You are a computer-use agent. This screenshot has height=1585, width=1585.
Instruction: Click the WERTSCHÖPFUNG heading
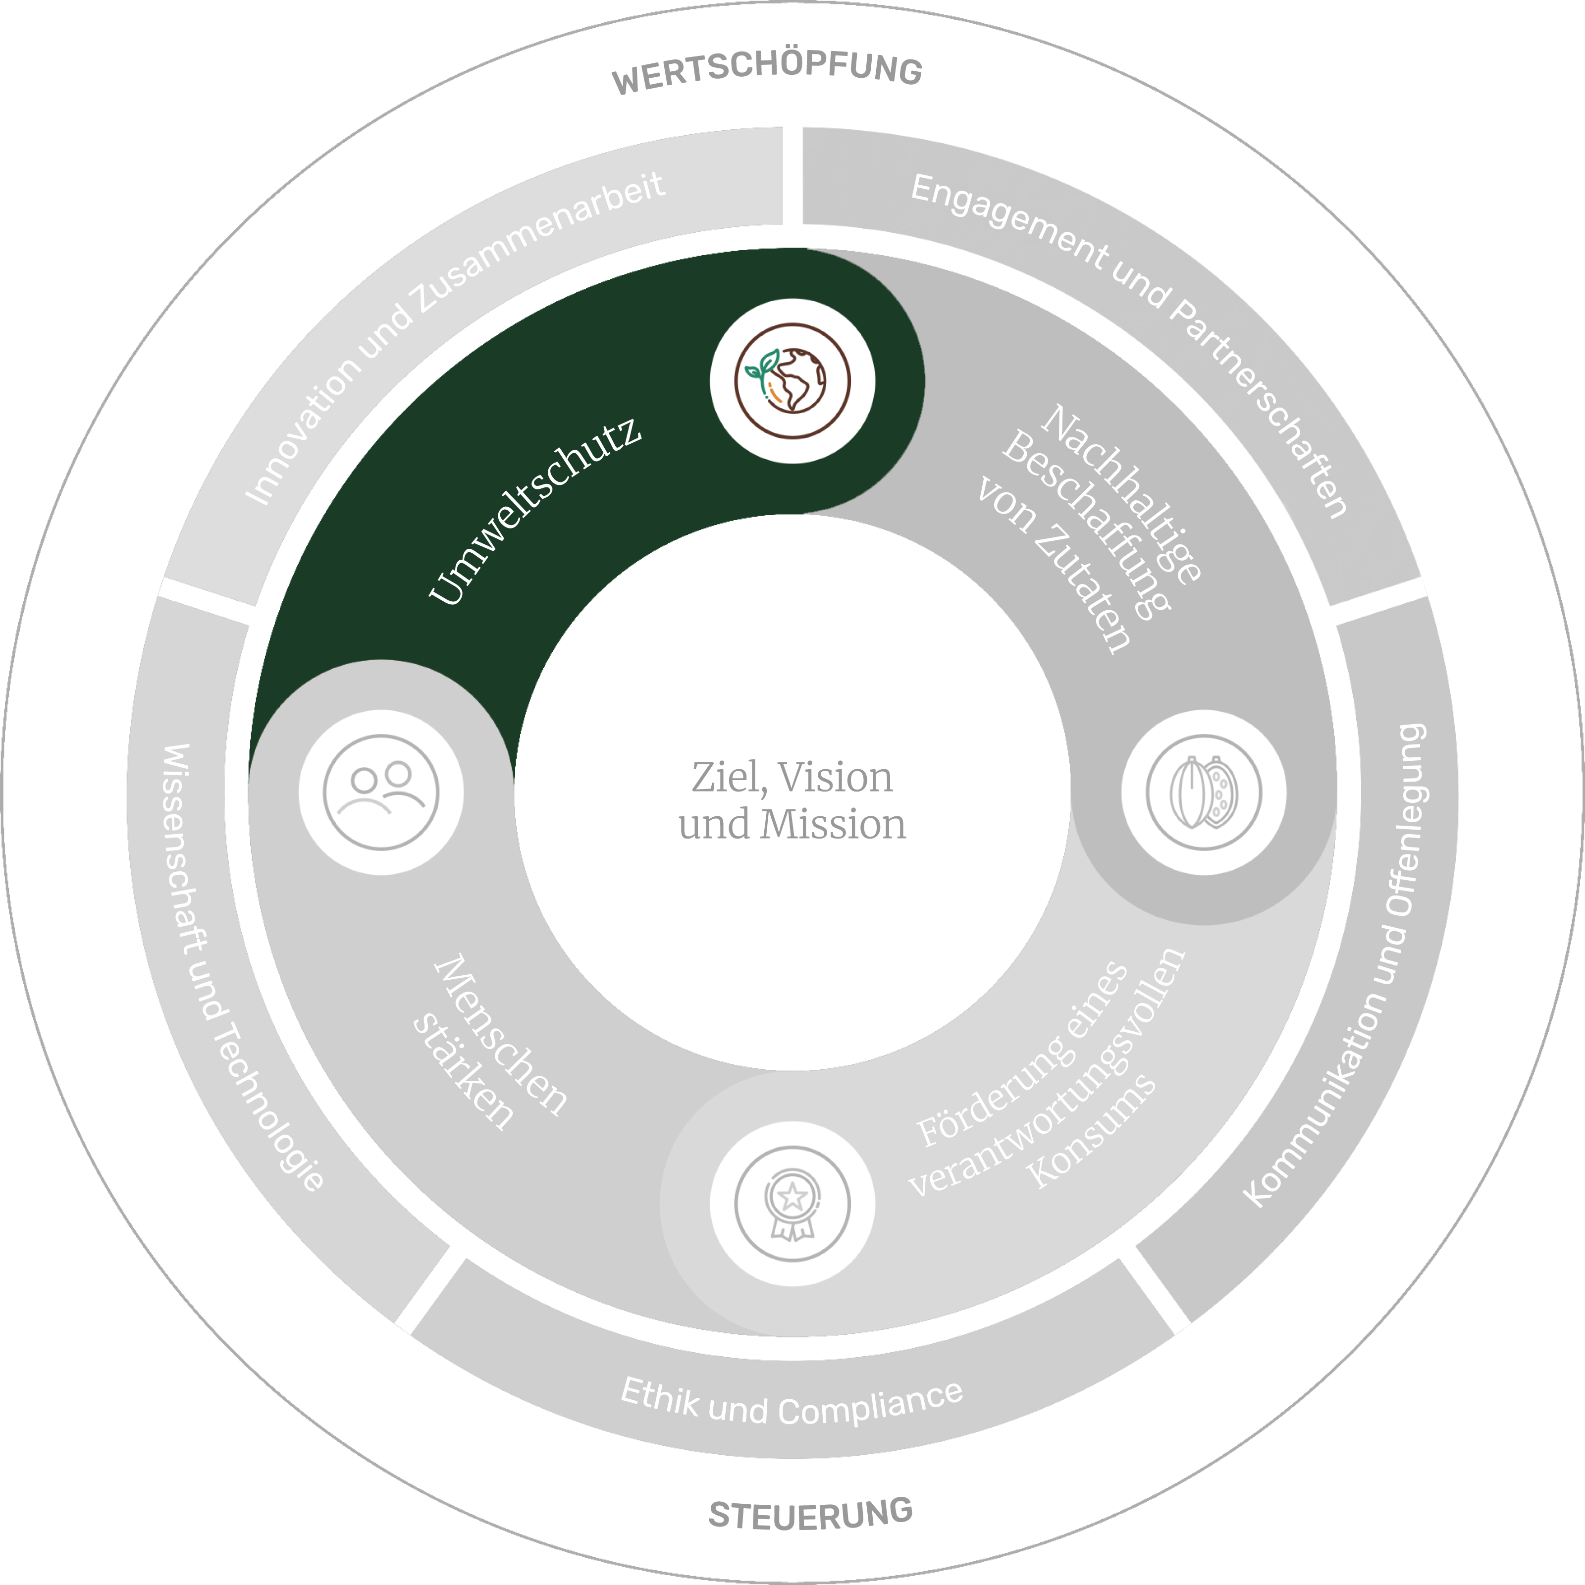click(x=767, y=72)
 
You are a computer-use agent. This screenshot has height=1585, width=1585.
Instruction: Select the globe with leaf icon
click(x=792, y=381)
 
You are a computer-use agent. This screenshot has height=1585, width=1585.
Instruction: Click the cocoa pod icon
click(x=1204, y=792)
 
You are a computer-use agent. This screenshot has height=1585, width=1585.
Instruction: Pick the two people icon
click(x=381, y=792)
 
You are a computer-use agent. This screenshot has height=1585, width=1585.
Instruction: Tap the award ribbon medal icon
click(x=792, y=1204)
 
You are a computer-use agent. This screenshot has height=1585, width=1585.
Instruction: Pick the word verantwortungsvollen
click(x=1050, y=1075)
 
